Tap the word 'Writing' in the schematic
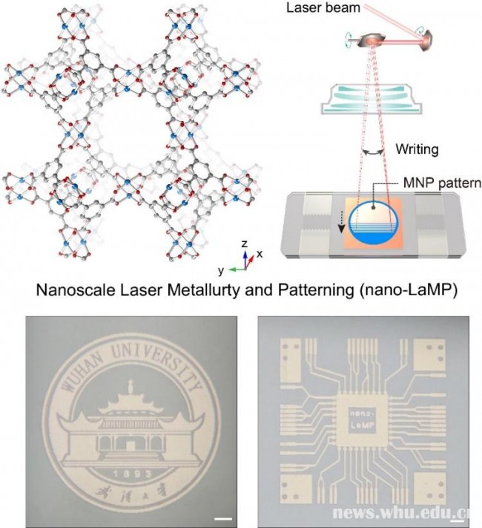(x=416, y=149)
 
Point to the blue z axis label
(x=244, y=244)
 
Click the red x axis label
(x=260, y=254)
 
